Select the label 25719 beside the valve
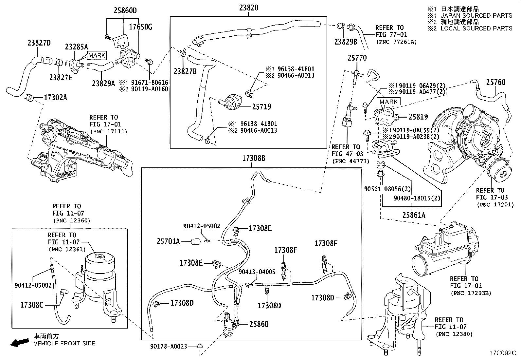(261, 107)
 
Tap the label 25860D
(125, 11)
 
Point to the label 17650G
(140, 27)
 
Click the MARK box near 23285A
(97, 56)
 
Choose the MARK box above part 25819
(388, 102)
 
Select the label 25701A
(168, 242)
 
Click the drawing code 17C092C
(502, 353)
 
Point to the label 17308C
(32, 305)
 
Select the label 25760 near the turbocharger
(495, 82)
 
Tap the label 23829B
(346, 42)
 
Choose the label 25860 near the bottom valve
(259, 324)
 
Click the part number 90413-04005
(257, 272)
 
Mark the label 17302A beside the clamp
(55, 98)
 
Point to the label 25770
(357, 58)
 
